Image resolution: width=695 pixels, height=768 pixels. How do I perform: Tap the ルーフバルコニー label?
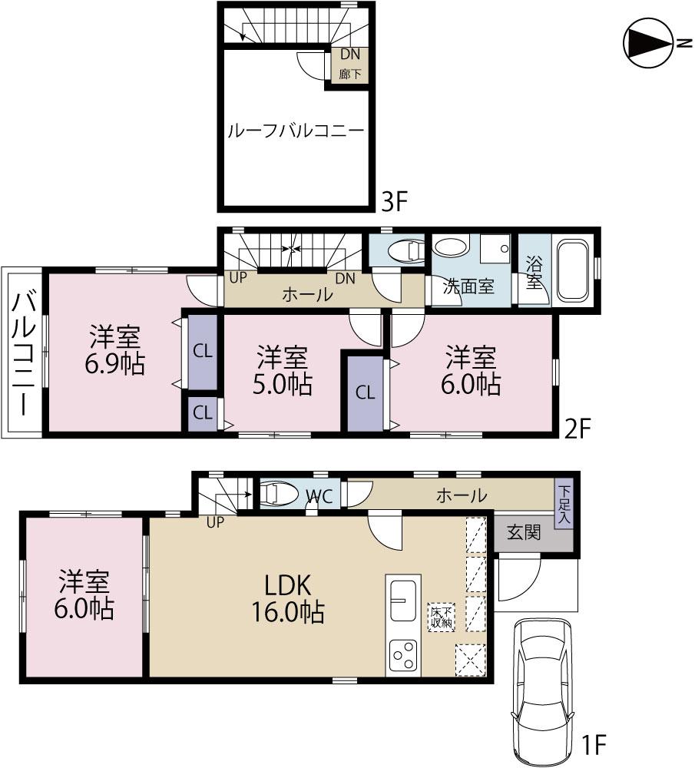coord(295,131)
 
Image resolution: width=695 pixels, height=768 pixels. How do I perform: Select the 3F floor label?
coord(394,202)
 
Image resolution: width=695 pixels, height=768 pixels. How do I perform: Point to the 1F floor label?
coord(594,744)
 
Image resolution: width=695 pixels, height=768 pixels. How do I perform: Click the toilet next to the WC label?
coord(278,494)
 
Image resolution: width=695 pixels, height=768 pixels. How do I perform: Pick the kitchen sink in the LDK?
coord(402,600)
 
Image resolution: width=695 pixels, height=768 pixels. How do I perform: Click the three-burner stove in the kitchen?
coord(402,655)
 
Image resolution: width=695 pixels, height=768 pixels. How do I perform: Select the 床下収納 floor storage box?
coord(442,616)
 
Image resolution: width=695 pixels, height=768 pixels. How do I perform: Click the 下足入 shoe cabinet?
coord(564,504)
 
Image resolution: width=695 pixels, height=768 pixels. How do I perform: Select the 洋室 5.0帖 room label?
coord(283,370)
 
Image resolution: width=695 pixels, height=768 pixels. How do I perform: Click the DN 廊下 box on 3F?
coord(349,65)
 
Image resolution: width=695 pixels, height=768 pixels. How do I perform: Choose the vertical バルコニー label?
coord(24,353)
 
